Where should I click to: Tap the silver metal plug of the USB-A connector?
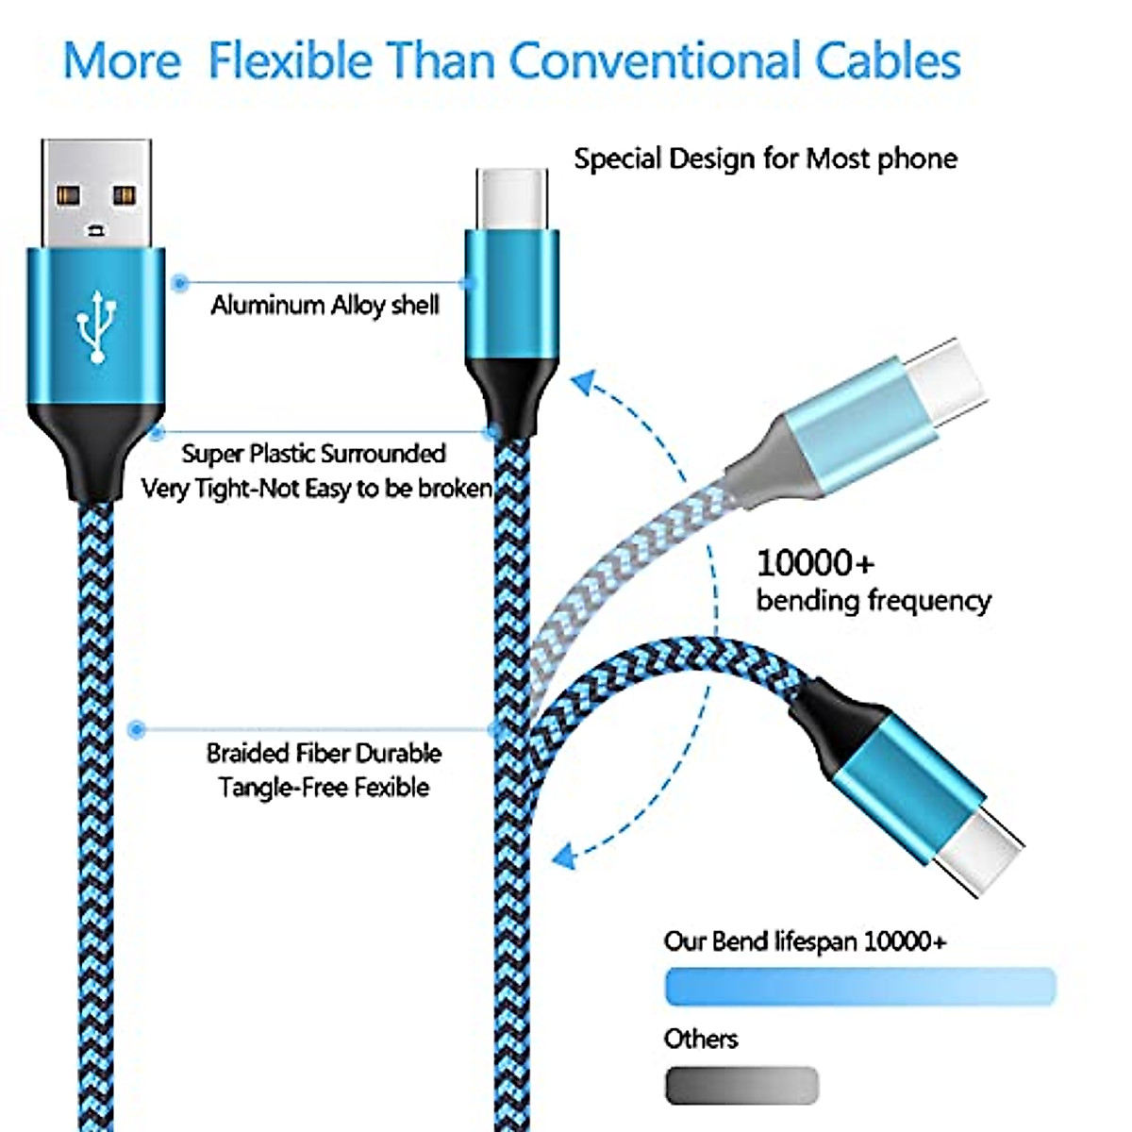(x=96, y=193)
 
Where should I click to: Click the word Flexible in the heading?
(x=291, y=60)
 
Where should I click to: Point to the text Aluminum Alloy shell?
(x=325, y=305)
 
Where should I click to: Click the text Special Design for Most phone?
(x=765, y=158)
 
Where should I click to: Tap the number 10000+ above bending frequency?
(x=815, y=563)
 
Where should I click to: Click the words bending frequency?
(x=874, y=600)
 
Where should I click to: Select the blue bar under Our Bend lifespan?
(x=859, y=986)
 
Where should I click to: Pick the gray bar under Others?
(x=741, y=1085)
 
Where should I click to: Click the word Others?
(x=700, y=1039)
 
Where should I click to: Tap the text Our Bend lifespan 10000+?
(x=805, y=941)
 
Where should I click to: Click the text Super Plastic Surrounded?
(x=313, y=454)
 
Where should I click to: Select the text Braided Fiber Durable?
(x=324, y=753)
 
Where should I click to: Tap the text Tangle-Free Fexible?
(x=324, y=787)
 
